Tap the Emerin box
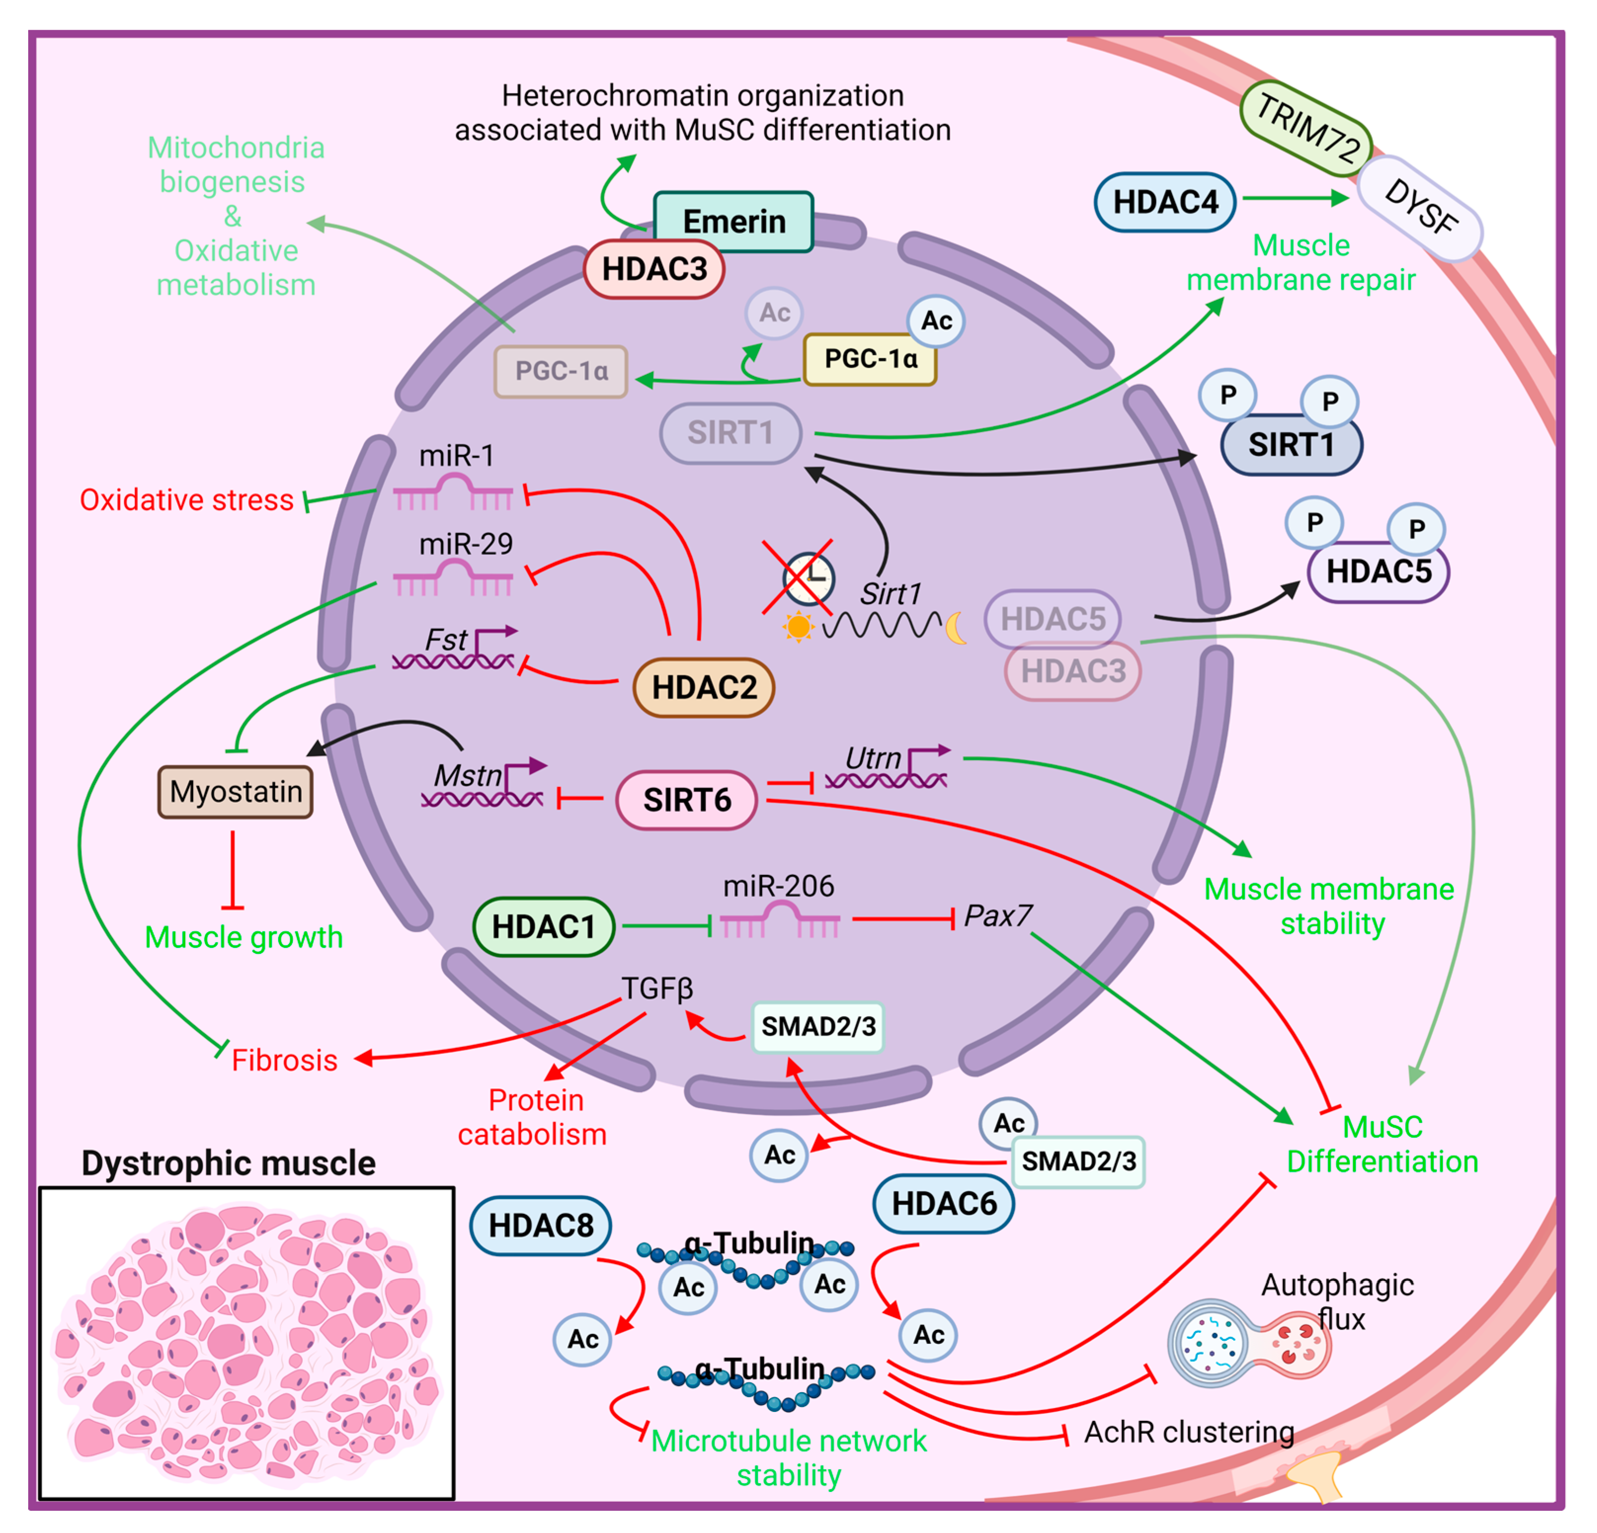point(733,222)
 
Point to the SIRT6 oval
point(687,800)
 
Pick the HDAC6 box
point(944,1204)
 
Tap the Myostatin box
point(236,791)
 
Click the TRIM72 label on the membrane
point(1306,128)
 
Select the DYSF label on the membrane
point(1420,208)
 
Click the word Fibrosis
point(284,1060)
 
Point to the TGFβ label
point(657,989)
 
